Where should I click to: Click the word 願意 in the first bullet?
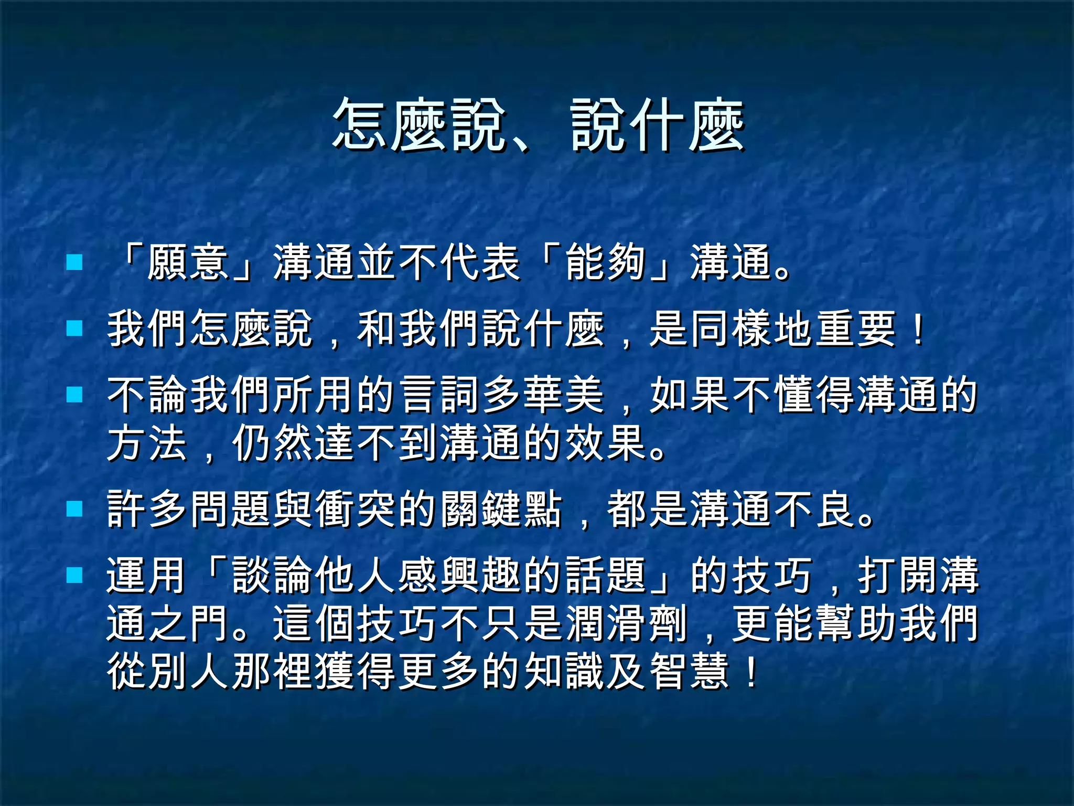pos(188,263)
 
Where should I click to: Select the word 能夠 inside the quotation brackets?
pos(606,263)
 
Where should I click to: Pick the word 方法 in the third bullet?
pos(147,444)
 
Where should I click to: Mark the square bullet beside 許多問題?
pos(75,508)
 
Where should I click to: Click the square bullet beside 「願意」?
pos(75,262)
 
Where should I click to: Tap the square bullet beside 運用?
pos(75,575)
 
